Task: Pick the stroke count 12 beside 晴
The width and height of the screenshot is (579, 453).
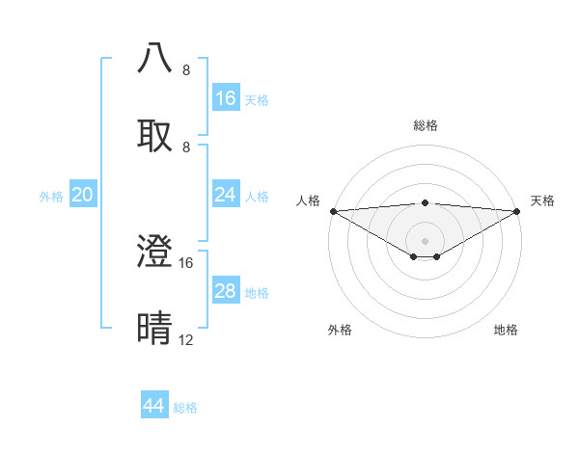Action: [x=186, y=340]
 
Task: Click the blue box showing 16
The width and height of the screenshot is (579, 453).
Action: [x=226, y=98]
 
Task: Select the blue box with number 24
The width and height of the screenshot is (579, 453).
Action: [x=226, y=195]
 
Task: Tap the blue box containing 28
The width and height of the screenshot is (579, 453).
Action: [x=226, y=291]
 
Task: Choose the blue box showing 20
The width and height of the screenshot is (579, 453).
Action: [x=83, y=195]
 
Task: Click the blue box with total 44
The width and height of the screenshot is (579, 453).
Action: [x=154, y=406]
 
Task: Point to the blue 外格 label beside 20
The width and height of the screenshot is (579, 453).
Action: [x=51, y=197]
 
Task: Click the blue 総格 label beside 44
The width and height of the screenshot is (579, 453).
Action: [x=185, y=408]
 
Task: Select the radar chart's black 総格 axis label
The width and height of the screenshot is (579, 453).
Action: [x=426, y=125]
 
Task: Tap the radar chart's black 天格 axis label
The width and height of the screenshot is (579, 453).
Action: [x=542, y=200]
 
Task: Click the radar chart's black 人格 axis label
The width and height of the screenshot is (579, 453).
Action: [x=308, y=200]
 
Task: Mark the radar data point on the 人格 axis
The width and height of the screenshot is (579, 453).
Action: [x=333, y=211]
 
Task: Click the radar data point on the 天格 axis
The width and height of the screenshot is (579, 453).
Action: [x=518, y=211]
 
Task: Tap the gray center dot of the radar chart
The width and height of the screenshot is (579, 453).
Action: [x=426, y=241]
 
